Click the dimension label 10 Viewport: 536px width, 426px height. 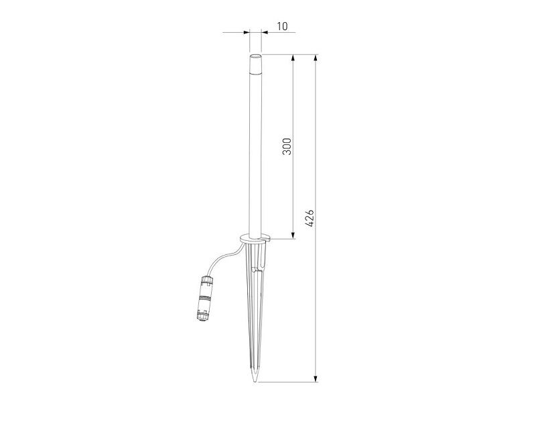[x=282, y=26]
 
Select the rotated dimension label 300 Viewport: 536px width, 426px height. [x=287, y=146]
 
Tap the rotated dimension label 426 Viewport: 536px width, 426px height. [x=310, y=218]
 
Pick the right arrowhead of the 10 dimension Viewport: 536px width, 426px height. [x=265, y=32]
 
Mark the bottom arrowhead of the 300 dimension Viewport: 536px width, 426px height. [x=293, y=235]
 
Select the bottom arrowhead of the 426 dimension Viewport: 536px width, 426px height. [x=316, y=378]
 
